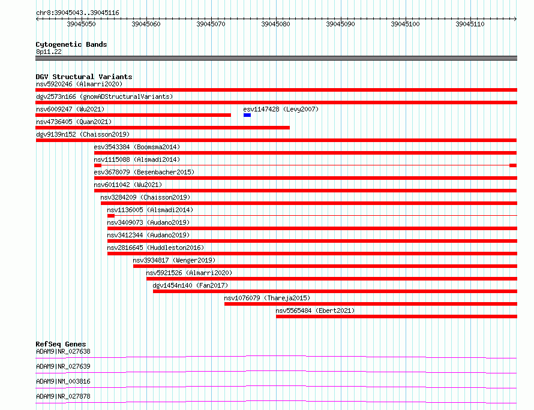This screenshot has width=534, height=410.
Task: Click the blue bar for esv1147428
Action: [247, 115]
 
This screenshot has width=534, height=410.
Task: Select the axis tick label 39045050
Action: [81, 24]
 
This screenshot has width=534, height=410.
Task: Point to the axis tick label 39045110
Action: [470, 24]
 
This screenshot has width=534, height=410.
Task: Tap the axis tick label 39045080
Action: [275, 24]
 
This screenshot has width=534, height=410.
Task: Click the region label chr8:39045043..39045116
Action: [77, 13]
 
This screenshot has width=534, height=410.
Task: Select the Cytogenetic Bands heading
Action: [71, 44]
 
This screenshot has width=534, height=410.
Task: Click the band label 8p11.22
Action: [49, 52]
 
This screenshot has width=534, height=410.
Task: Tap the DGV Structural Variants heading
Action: [84, 77]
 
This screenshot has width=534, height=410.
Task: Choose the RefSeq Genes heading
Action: [61, 344]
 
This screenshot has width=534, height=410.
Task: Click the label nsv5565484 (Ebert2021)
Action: [315, 310]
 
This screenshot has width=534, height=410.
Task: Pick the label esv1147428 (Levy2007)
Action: [281, 109]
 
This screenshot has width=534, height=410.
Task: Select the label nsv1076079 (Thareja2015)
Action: [267, 298]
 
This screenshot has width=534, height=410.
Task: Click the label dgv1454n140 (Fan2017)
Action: [190, 285]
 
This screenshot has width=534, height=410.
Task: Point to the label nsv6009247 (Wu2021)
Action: [70, 109]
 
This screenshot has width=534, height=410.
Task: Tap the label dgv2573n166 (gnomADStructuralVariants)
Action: [104, 97]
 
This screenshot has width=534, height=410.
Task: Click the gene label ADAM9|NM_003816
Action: [63, 381]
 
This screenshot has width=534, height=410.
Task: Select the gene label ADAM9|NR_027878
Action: [63, 396]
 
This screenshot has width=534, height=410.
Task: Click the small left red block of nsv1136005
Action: [111, 216]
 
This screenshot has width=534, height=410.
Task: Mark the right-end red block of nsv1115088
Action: [513, 165]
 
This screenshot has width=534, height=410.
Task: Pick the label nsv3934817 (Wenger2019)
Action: [174, 260]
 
